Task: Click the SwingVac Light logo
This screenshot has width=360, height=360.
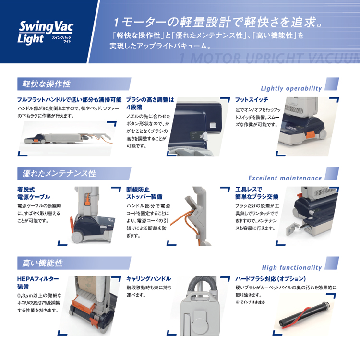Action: point(46,33)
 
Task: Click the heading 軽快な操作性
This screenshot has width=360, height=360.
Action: point(47,84)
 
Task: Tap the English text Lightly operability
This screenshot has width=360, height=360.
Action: point(291,89)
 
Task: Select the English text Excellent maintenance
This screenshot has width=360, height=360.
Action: point(285,178)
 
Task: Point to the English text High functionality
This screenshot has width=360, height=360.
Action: point(291,267)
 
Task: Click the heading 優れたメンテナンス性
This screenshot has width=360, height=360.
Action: point(59,174)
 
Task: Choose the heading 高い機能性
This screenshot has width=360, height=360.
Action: point(42,263)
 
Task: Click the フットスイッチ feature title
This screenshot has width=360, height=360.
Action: point(252,100)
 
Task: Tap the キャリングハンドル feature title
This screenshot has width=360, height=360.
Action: point(148,279)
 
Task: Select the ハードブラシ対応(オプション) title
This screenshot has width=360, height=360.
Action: point(270,279)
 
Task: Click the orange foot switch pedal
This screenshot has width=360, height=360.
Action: point(311,135)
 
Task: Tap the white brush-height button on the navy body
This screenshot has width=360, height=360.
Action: point(213,125)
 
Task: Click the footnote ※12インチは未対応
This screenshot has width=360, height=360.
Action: point(250,302)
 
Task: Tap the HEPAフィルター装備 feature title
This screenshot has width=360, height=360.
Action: point(38,283)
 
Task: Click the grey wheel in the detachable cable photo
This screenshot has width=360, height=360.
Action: point(77,237)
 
